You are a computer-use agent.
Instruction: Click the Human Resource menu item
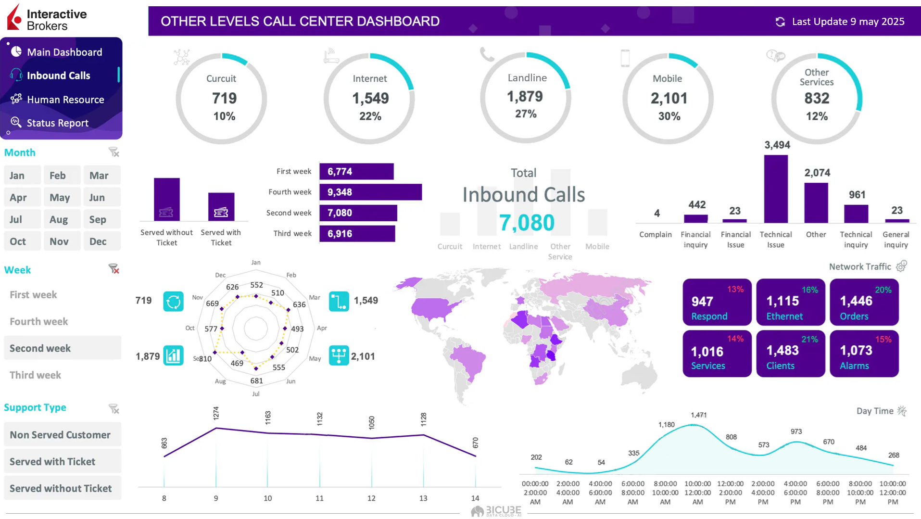(65, 100)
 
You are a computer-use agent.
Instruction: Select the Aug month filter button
(59, 219)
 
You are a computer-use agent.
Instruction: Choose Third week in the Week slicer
(35, 375)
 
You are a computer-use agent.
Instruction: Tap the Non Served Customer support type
(60, 435)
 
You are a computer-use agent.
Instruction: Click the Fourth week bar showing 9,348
(370, 192)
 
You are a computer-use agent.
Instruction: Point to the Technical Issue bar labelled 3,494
(776, 189)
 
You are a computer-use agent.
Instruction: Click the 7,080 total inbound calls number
(527, 223)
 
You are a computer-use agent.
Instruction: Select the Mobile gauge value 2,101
(669, 99)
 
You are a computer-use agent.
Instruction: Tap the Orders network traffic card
(864, 302)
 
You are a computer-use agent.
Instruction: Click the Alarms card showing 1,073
(864, 354)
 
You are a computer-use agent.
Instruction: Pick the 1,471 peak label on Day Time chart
(698, 415)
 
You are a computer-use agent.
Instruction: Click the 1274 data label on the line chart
(216, 413)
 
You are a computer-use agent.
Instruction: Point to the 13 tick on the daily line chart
(423, 498)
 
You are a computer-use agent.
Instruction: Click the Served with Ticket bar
(221, 206)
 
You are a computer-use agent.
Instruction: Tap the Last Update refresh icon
(780, 22)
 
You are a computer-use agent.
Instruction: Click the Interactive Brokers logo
(47, 18)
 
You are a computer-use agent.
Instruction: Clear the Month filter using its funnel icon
(114, 152)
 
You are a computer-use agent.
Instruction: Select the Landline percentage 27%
(526, 114)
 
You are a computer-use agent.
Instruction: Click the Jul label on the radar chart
(256, 394)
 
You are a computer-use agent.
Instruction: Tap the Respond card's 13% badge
(735, 289)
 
